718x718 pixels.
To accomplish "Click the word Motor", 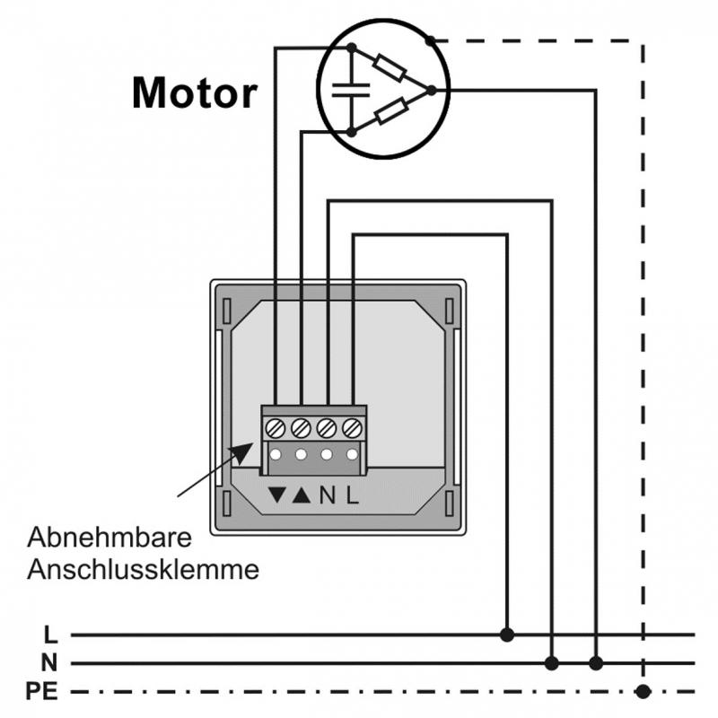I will (195, 92).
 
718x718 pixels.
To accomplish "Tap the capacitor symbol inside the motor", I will (343, 89).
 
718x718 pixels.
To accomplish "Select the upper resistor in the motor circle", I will (391, 67).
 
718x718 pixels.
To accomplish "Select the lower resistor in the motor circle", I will (391, 112).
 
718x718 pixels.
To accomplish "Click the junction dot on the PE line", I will (642, 691).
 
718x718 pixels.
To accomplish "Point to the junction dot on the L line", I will (507, 635).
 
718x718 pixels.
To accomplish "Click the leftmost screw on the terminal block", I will (276, 427).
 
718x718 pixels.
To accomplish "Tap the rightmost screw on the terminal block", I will (353, 427).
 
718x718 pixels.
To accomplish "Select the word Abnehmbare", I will (110, 540).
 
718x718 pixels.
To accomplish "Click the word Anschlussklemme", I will (144, 569).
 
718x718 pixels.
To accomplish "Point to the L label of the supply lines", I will (50, 635).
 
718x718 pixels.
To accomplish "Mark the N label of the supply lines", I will (50, 663).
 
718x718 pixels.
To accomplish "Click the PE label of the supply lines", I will (43, 691).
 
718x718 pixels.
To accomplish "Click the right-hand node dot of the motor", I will (431, 90).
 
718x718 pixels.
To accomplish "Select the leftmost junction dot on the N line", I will (552, 663).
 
